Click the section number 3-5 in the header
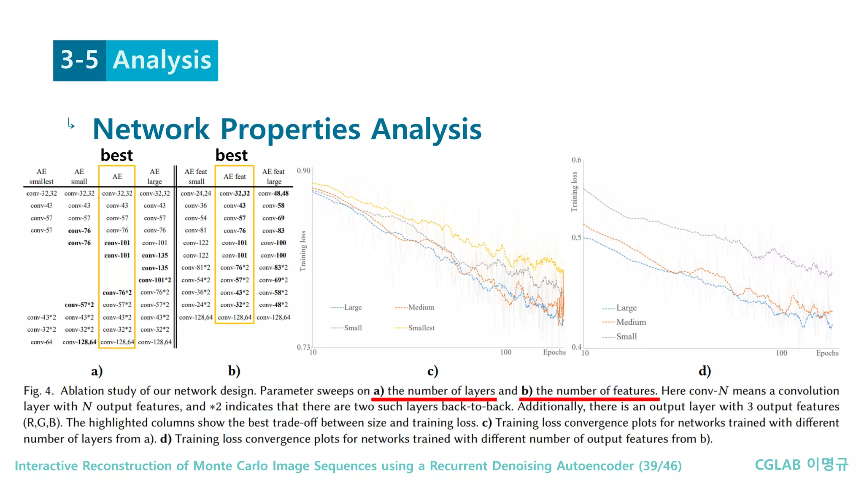[79, 60]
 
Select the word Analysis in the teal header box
[162, 60]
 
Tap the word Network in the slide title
[151, 129]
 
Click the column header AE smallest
[41, 176]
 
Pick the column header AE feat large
[273, 176]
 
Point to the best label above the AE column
[116, 155]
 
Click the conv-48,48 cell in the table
[273, 193]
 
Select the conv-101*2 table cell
[155, 280]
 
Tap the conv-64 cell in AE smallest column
[41, 342]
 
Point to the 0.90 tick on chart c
[303, 170]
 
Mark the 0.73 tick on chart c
[303, 347]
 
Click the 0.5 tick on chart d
[576, 238]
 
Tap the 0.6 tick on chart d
[576, 160]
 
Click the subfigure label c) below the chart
[433, 371]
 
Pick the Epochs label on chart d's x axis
[827, 353]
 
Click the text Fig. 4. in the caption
[38, 391]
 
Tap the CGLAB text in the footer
[778, 465]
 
